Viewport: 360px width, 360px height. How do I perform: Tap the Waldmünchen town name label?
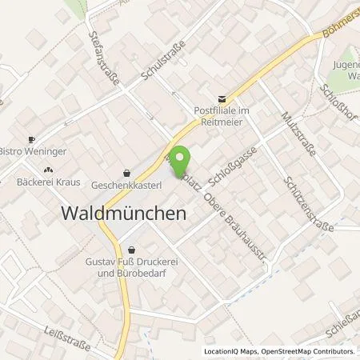tap(123, 214)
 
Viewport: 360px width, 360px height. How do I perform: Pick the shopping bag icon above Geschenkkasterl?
tap(127, 171)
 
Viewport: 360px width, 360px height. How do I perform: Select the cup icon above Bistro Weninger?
tap(32, 138)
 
